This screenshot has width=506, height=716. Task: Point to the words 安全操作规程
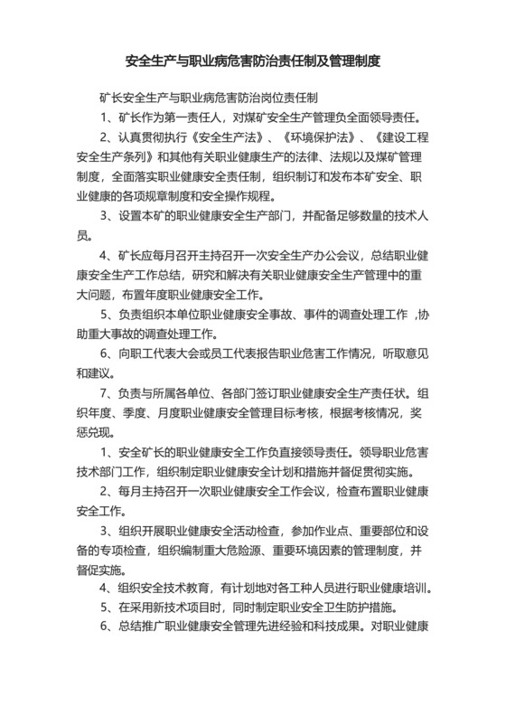271,196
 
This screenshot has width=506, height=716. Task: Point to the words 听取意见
392,355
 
